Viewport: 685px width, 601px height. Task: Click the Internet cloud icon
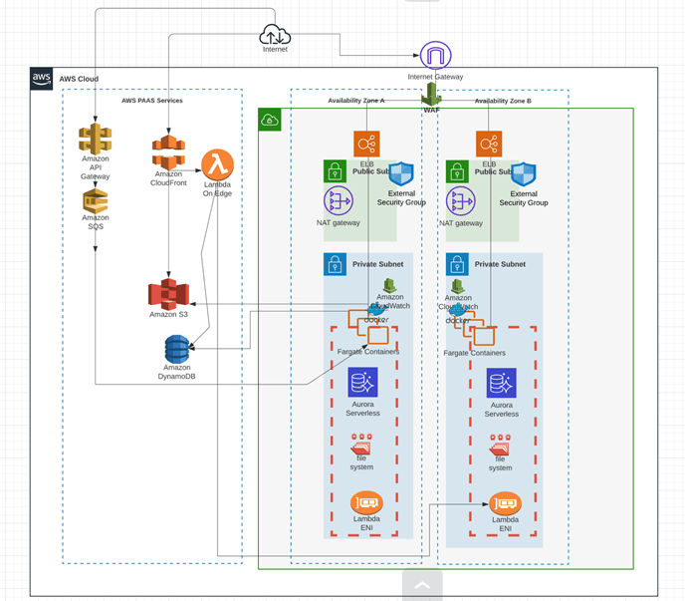coord(275,34)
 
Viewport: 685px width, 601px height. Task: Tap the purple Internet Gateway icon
coord(435,56)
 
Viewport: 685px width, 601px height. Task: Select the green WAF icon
coord(432,94)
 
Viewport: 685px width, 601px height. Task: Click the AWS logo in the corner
coord(42,79)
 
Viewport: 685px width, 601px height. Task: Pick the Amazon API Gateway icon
coord(96,139)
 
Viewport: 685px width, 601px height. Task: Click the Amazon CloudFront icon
coord(169,152)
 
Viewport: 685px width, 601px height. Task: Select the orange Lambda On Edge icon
coord(217,163)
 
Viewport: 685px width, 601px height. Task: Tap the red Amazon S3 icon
coord(168,294)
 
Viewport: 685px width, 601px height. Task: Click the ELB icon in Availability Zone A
coord(366,144)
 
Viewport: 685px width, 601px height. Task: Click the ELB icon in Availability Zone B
coord(489,144)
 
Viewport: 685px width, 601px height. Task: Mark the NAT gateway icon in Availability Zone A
coord(338,201)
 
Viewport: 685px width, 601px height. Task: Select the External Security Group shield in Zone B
coord(523,174)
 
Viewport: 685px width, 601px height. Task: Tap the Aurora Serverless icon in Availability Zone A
coord(362,383)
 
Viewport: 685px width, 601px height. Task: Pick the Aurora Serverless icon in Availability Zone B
coord(501,383)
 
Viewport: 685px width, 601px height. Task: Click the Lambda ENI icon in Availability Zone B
coord(505,504)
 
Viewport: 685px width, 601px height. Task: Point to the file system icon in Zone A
coord(361,450)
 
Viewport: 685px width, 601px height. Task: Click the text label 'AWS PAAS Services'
coord(151,101)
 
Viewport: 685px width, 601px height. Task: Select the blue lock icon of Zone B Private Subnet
coord(457,264)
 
